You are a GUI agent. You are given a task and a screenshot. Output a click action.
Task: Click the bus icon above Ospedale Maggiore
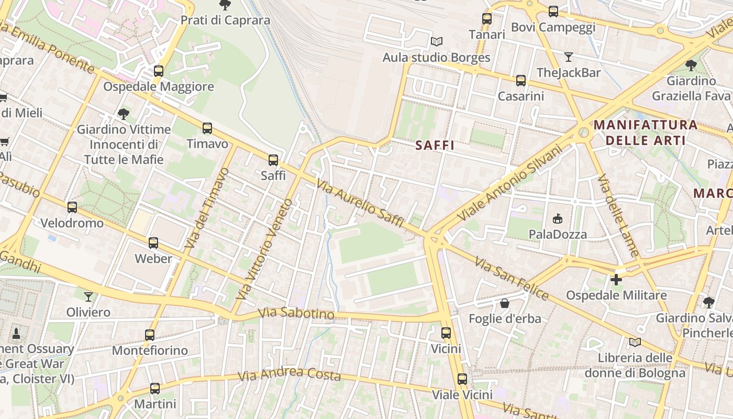(159, 71)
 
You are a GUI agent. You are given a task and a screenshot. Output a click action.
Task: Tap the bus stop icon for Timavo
(207, 128)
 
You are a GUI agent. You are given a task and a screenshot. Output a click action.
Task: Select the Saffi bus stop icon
(273, 160)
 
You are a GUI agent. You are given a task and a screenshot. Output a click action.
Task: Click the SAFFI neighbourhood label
(435, 146)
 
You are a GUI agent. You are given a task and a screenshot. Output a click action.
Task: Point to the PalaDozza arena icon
(558, 218)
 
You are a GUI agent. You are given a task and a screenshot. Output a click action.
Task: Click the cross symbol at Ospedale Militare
(616, 280)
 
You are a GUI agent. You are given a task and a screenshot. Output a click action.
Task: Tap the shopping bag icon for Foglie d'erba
(505, 303)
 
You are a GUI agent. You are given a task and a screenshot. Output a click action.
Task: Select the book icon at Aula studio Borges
(436, 41)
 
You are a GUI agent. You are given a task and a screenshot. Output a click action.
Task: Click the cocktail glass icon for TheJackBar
(569, 57)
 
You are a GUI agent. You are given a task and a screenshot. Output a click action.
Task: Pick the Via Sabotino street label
(296, 313)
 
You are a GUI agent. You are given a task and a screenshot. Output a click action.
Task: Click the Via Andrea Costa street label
(289, 374)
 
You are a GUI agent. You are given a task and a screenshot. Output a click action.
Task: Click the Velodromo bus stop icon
(72, 207)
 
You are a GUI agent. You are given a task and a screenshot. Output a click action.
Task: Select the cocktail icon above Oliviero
(88, 297)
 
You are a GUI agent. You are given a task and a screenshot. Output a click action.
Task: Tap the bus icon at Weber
(153, 243)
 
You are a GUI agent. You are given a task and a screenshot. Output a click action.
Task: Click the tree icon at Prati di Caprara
(225, 5)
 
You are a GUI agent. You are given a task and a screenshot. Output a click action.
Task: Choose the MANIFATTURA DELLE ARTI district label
(646, 133)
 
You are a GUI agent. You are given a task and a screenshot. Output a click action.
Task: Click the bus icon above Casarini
(521, 81)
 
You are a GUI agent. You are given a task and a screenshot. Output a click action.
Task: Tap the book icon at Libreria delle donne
(635, 343)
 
